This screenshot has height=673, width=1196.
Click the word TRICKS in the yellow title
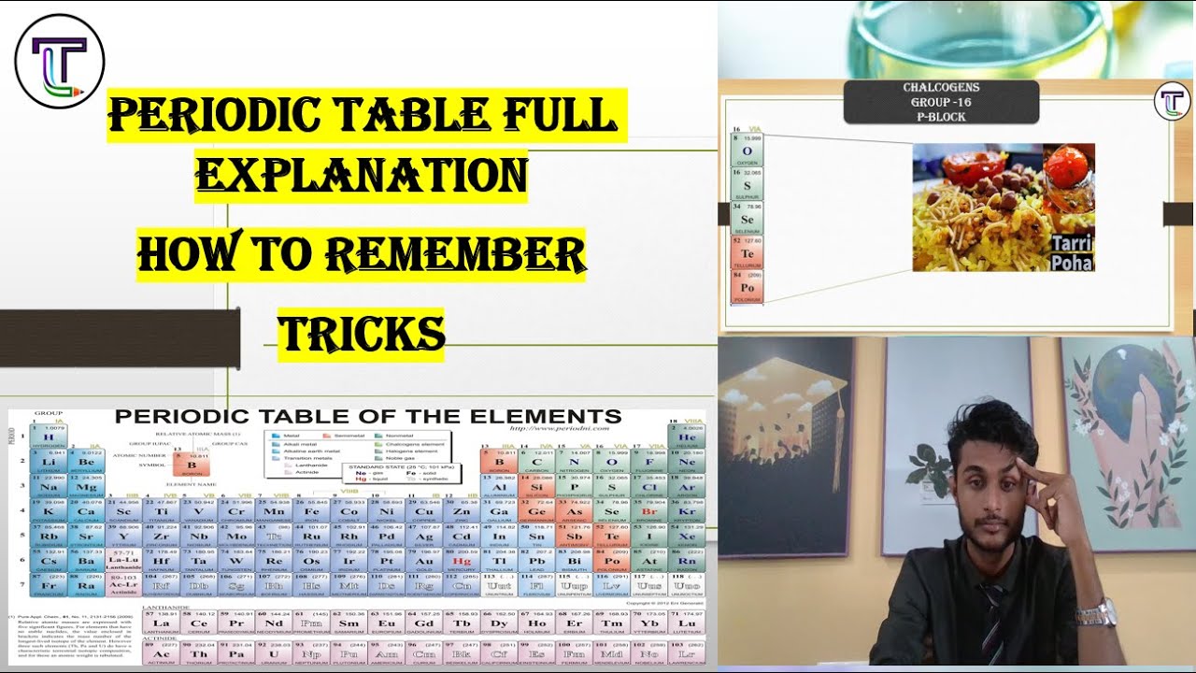pos(361,333)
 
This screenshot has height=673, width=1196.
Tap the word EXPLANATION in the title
pos(361,175)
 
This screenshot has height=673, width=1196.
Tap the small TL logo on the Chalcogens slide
pos(1172,101)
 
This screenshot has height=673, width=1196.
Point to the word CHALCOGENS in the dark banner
pos(941,88)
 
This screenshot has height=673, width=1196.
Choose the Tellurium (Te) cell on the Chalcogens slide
pos(747,253)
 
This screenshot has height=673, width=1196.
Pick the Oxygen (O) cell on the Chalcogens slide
pos(747,150)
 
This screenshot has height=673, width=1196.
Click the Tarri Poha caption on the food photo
pos(1072,253)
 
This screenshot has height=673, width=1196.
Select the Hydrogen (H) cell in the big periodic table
pos(48,437)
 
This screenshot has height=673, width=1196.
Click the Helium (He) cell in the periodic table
pos(687,437)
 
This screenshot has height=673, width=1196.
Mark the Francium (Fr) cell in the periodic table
pos(48,586)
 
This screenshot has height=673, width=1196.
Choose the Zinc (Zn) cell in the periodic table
pos(462,511)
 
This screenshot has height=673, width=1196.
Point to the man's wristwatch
pos(1095,613)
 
